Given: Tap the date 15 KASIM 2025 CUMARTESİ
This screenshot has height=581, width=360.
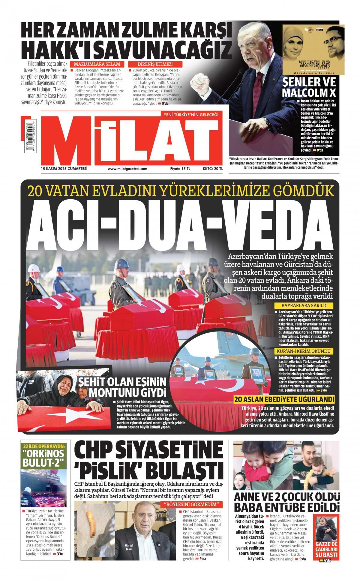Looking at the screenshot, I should coord(64,169).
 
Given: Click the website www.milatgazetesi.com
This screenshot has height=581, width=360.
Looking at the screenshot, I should coord(127,169).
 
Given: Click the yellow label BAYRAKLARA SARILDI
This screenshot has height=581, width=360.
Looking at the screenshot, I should coord(304,306).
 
